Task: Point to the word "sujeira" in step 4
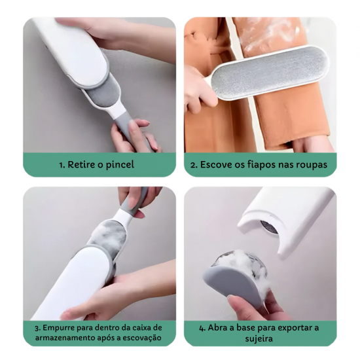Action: point(259,338)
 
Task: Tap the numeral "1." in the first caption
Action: point(62,165)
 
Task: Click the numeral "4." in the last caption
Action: point(202,329)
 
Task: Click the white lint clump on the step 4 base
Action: point(243,264)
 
